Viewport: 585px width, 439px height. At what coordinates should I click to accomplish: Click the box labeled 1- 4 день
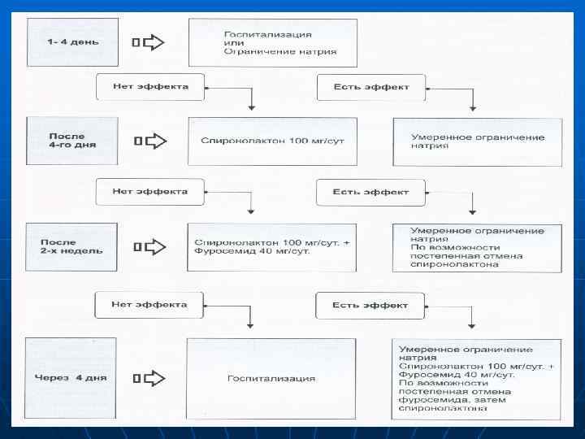point(72,42)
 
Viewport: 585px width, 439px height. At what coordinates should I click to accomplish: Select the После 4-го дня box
point(72,140)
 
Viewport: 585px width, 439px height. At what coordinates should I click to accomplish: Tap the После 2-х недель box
point(72,246)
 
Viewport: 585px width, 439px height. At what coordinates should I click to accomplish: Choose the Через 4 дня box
point(72,377)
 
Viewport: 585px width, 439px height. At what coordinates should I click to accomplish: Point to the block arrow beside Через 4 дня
point(149,378)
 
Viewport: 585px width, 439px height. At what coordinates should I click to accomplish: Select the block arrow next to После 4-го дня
point(149,141)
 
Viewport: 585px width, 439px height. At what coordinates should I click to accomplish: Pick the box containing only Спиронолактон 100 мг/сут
point(273,141)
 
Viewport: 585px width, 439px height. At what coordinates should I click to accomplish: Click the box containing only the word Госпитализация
point(271,378)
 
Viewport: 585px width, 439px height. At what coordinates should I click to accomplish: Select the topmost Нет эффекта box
point(150,87)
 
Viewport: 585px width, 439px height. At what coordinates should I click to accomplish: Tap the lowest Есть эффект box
point(370,306)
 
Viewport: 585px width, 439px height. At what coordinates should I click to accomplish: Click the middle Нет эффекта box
point(150,193)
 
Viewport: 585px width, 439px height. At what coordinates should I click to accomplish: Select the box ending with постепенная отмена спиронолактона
point(476,247)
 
